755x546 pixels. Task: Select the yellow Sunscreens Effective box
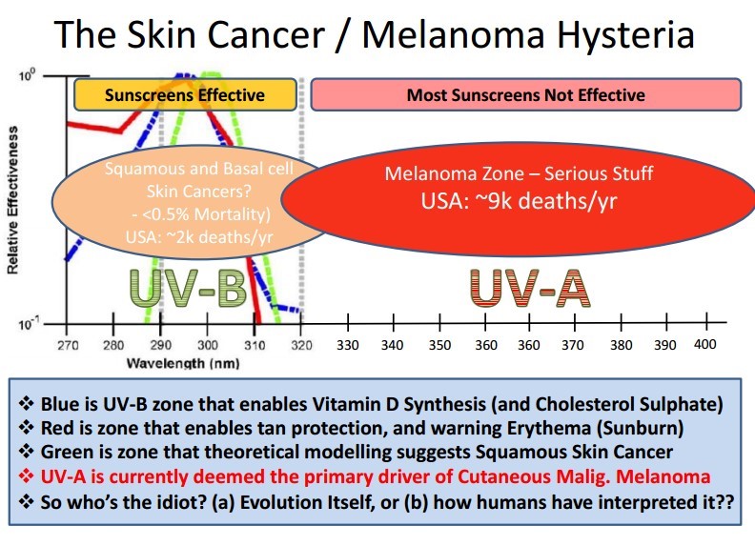[184, 95]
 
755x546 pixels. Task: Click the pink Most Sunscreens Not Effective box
[525, 94]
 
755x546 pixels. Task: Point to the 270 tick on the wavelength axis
[68, 344]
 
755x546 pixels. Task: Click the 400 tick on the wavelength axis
[704, 343]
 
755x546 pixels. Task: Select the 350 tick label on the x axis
[439, 344]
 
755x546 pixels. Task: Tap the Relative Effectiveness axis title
[12, 203]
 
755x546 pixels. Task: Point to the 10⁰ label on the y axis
[28, 76]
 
